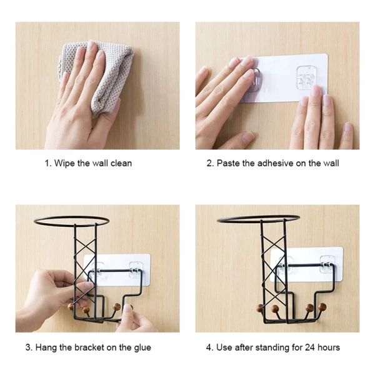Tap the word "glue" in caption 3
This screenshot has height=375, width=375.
[x=142, y=348]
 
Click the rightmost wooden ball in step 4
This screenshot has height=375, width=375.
[x=322, y=307]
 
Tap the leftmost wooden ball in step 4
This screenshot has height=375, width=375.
[x=259, y=309]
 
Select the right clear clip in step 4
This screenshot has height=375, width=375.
[x=327, y=265]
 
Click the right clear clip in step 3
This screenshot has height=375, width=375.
[x=136, y=270]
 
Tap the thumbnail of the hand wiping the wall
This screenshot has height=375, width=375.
[x=97, y=86]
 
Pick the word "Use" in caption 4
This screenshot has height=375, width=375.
[x=224, y=347]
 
